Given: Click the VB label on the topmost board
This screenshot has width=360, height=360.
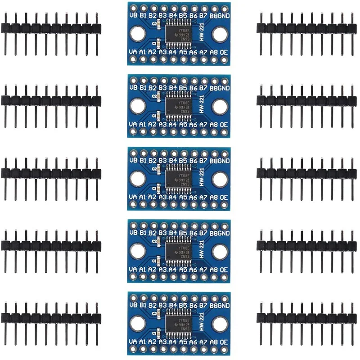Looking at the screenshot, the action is point(133,14).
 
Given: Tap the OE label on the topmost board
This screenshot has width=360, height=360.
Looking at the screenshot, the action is point(224,52).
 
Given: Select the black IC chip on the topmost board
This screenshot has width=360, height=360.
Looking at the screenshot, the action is point(177,33).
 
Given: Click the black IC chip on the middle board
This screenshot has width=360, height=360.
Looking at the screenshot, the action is point(177,179).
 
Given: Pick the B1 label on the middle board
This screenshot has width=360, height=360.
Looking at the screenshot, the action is point(143,160).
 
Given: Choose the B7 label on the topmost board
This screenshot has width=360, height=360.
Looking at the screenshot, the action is point(203,14).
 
